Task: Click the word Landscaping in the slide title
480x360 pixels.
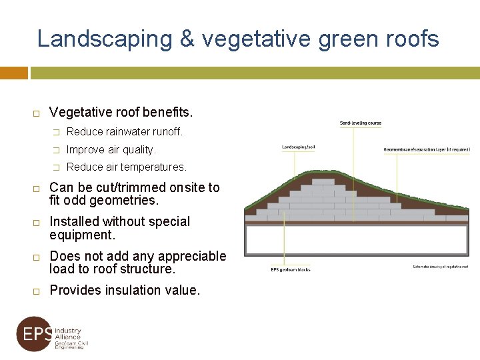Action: [x=105, y=39]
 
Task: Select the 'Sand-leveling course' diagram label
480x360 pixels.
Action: [x=361, y=123]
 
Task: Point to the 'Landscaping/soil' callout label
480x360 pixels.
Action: [x=299, y=147]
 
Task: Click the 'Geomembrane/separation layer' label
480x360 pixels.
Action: [x=427, y=149]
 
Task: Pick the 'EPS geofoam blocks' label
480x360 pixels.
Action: [x=291, y=269]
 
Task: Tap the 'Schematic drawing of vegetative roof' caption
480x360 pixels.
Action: [x=440, y=267]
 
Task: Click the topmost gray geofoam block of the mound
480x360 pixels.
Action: [x=323, y=181]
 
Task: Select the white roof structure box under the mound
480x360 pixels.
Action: [x=356, y=240]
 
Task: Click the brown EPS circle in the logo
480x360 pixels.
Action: [x=34, y=334]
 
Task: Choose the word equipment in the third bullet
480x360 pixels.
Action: [x=82, y=235]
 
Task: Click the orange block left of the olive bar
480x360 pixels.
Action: [x=13, y=73]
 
